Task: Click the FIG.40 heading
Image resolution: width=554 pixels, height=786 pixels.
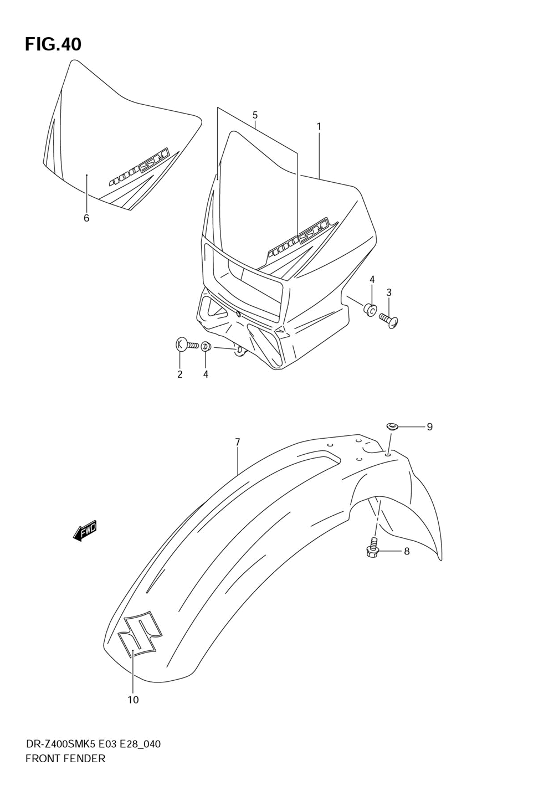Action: pyautogui.click(x=53, y=44)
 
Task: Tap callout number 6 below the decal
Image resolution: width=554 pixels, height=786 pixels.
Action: pyautogui.click(x=86, y=218)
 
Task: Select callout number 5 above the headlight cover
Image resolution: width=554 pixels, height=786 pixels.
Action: pyautogui.click(x=255, y=115)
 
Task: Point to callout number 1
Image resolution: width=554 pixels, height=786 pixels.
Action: pyautogui.click(x=319, y=126)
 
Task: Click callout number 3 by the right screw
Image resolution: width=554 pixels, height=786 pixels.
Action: pyautogui.click(x=389, y=292)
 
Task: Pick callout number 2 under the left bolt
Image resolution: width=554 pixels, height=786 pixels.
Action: pyautogui.click(x=180, y=374)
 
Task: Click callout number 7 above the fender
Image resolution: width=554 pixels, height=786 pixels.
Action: pyautogui.click(x=237, y=442)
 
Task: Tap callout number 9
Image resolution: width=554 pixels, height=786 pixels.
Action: pyautogui.click(x=429, y=427)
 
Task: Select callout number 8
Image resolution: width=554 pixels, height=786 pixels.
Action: pyautogui.click(x=407, y=552)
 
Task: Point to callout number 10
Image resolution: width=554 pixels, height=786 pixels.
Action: pyautogui.click(x=133, y=700)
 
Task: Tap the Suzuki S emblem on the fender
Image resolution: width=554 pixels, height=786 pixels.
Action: pyautogui.click(x=140, y=634)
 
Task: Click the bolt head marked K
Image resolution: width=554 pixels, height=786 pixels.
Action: pyautogui.click(x=180, y=345)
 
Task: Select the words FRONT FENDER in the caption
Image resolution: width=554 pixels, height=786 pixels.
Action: pyautogui.click(x=65, y=759)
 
